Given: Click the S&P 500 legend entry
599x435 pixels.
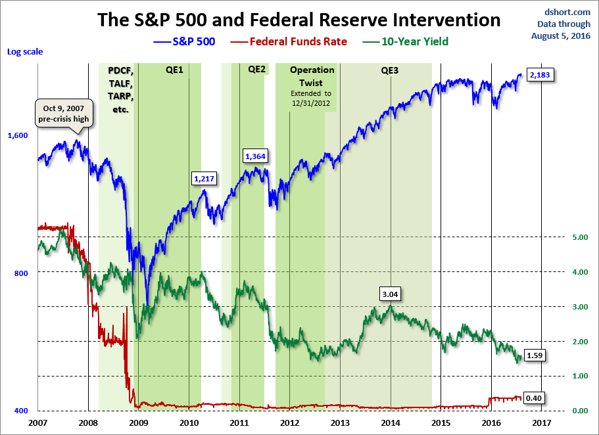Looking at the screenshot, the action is point(184,41).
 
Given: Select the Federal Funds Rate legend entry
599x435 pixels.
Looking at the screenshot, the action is point(289,41).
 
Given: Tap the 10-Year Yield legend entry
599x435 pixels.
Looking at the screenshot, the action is point(405,41).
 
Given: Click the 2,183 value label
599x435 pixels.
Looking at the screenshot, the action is point(540,75).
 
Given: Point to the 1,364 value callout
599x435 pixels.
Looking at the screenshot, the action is point(255,156).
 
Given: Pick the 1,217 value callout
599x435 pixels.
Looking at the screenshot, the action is point(204,178).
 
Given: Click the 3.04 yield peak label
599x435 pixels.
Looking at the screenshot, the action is point(390,294).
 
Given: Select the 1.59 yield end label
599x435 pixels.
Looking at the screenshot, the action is point(534,355).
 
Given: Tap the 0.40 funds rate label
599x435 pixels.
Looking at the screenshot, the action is point(533,398).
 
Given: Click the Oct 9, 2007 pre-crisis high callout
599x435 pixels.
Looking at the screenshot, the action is point(64,114).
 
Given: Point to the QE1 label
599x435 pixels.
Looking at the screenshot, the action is point(174,70).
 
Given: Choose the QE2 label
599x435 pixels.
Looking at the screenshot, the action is point(256,69).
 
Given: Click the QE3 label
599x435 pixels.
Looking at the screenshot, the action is point(390,70).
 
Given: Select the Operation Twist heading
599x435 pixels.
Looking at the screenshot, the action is point(312,76).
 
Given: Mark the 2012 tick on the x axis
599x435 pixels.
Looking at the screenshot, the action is point(289,423).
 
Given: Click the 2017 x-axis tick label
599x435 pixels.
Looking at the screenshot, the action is point(542,423).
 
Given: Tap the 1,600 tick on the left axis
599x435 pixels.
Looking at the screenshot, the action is point(18,135).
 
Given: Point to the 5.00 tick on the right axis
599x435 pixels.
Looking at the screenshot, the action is point(580,237).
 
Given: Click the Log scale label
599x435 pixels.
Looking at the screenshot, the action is point(25,51).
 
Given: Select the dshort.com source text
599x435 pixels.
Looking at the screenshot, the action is point(567,12).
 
